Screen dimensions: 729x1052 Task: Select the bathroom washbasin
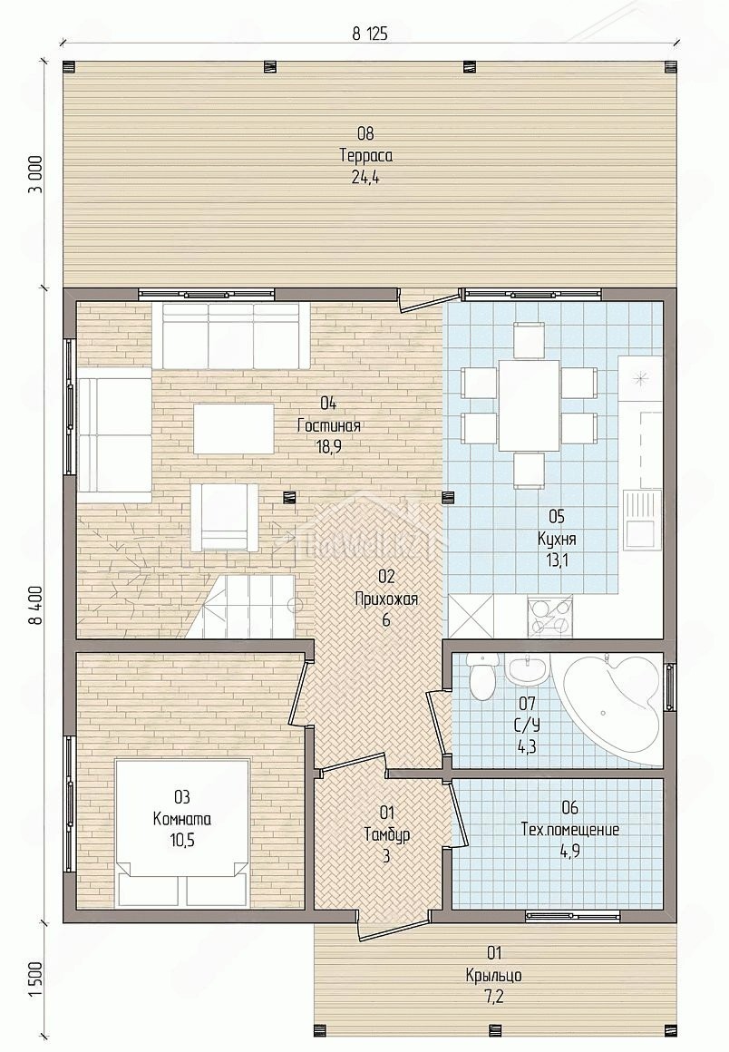click(x=529, y=668)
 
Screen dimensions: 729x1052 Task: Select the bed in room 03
click(x=183, y=832)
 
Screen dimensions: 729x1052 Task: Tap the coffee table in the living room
click(x=233, y=428)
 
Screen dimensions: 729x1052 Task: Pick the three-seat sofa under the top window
click(x=230, y=335)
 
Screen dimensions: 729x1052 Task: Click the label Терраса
click(x=366, y=156)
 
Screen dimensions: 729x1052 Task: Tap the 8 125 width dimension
click(x=370, y=34)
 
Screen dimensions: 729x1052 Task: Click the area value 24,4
click(x=366, y=179)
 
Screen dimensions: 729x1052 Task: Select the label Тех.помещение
click(x=570, y=829)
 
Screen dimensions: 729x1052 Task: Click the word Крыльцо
click(x=493, y=975)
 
